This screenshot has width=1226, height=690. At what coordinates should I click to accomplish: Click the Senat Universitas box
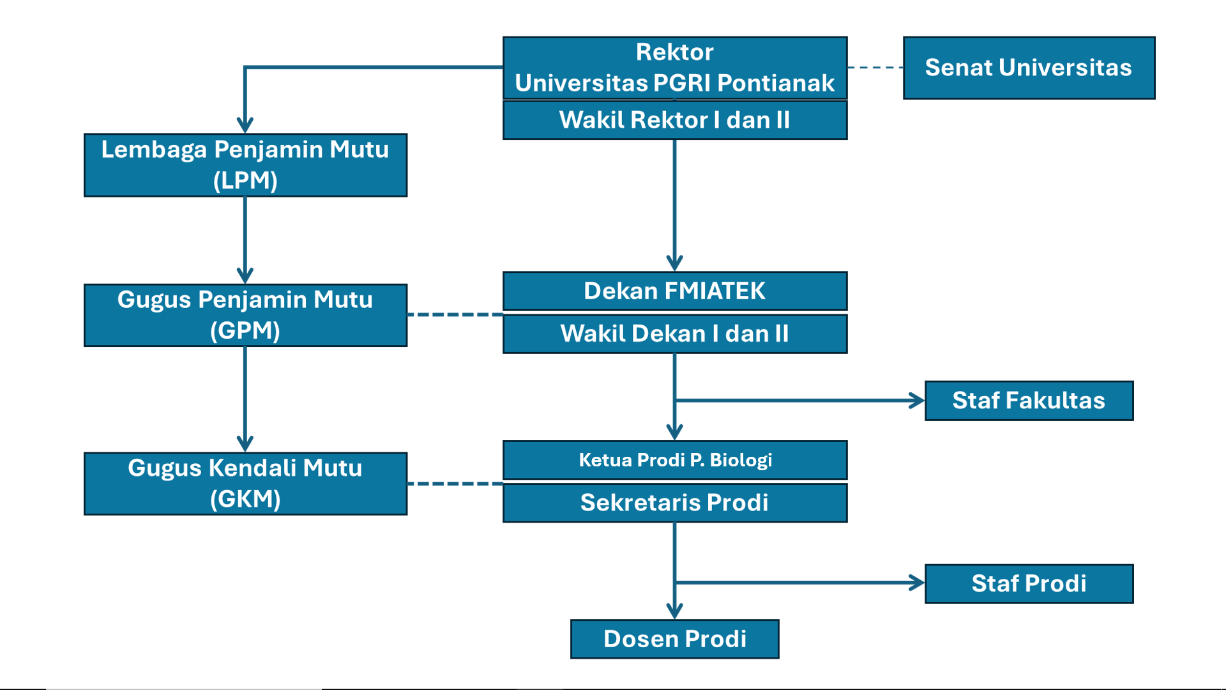click(1028, 68)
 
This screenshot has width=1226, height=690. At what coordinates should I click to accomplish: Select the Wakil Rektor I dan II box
click(674, 120)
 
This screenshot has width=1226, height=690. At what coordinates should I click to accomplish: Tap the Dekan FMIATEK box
click(674, 291)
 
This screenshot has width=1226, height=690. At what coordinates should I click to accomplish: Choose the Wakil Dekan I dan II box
click(674, 333)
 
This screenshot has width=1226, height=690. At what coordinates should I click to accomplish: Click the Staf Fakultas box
click(1028, 401)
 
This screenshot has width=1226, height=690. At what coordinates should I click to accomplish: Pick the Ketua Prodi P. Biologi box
click(674, 460)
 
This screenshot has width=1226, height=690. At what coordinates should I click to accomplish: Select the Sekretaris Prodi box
click(674, 503)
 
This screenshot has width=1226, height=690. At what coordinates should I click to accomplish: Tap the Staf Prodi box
click(1028, 583)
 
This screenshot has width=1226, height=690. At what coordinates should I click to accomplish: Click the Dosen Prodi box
click(674, 639)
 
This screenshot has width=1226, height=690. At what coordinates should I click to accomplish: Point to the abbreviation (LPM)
click(245, 181)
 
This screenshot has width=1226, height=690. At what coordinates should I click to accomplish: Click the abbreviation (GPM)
click(245, 331)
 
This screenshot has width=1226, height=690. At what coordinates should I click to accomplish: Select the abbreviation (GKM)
click(245, 499)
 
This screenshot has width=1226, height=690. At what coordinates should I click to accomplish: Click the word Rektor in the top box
click(674, 52)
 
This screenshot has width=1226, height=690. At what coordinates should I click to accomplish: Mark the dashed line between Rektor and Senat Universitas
click(875, 67)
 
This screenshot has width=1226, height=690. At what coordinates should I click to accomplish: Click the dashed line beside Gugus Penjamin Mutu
click(455, 315)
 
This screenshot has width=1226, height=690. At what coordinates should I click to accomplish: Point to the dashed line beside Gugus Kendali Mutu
click(455, 484)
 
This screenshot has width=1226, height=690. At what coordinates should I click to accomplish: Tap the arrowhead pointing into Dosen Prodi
click(674, 611)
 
